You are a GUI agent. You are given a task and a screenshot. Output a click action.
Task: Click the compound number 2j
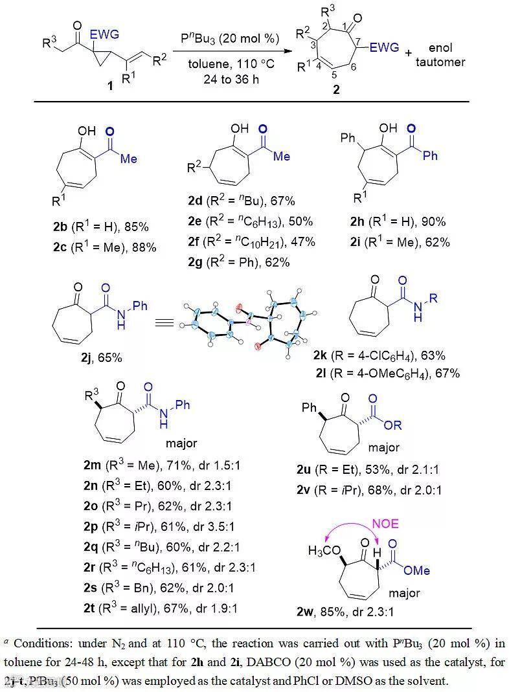[61, 357]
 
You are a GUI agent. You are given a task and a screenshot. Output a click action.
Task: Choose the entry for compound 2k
[391, 356]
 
